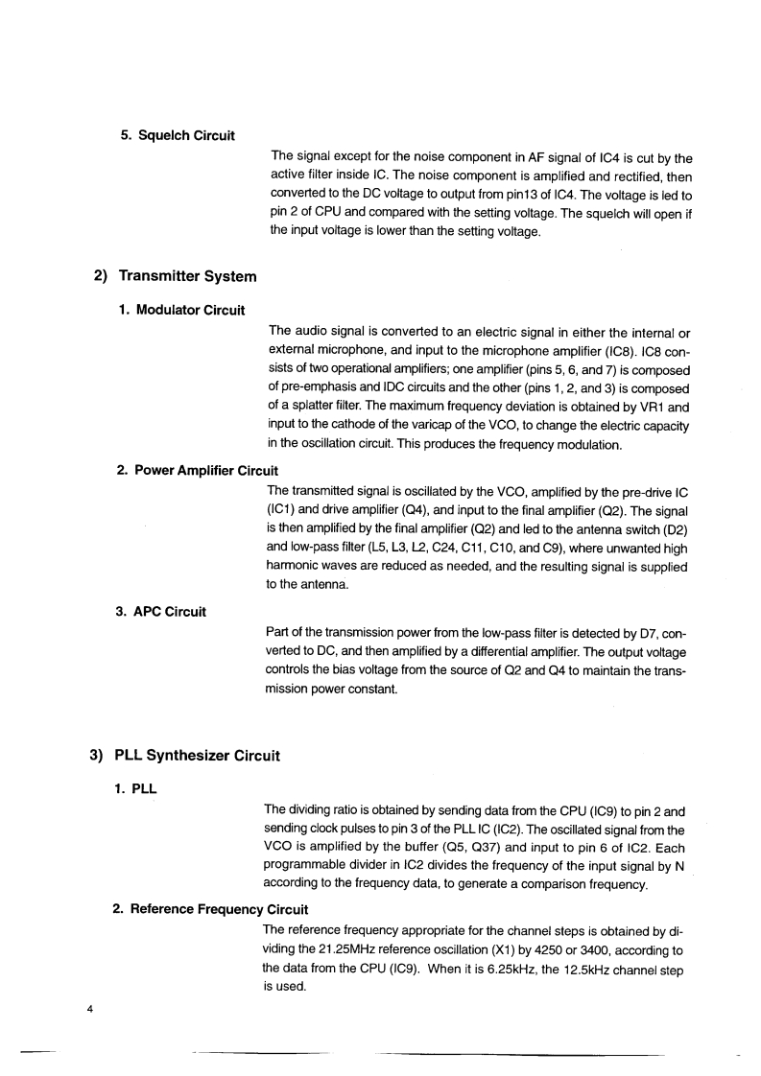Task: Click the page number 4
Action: (89, 1009)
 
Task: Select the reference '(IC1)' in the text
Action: (284, 510)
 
